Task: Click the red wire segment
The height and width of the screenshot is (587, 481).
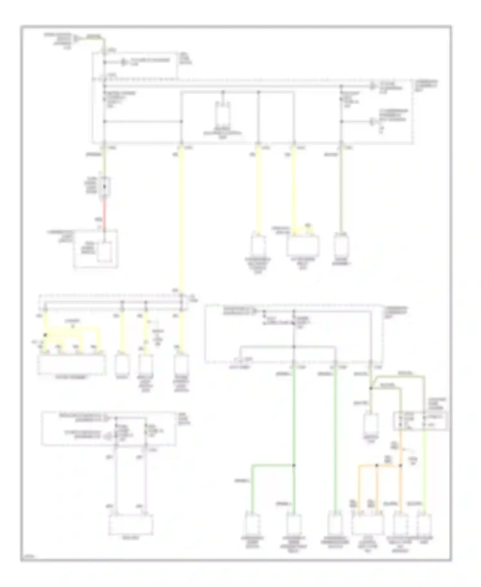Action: pyautogui.click(x=104, y=212)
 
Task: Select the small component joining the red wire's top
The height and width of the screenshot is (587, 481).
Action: pyautogui.click(x=104, y=187)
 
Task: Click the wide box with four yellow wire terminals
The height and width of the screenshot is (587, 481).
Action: pyautogui.click(x=72, y=364)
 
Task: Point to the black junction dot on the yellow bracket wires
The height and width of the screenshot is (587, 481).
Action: pyautogui.click(x=45, y=335)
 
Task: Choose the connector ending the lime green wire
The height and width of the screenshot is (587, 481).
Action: pyautogui.click(x=424, y=524)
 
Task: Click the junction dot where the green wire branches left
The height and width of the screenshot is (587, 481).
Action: pyautogui.click(x=293, y=465)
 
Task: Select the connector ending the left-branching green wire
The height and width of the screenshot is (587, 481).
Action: pyautogui.click(x=252, y=524)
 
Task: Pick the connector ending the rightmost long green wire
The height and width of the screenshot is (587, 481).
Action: pyautogui.click(x=335, y=524)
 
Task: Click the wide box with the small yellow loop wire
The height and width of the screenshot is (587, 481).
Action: pyautogui.click(x=303, y=246)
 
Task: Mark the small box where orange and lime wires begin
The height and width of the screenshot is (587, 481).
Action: pyautogui.click(x=420, y=421)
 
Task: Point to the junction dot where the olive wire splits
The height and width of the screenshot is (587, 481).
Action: pyautogui.click(x=371, y=388)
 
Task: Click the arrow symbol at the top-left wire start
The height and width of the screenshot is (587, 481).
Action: pyautogui.click(x=76, y=39)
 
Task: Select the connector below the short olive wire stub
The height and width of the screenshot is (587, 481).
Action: pyautogui.click(x=371, y=424)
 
